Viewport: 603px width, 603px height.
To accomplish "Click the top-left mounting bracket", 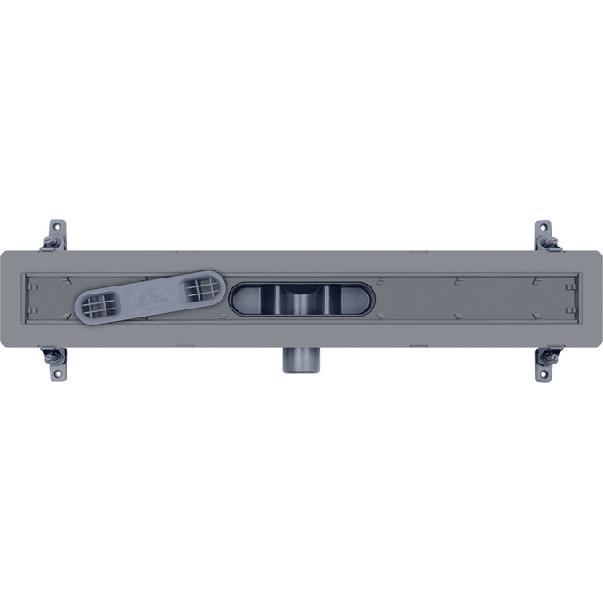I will pyautogui.click(x=56, y=235).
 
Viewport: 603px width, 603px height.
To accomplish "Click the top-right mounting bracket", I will pyautogui.click(x=545, y=235).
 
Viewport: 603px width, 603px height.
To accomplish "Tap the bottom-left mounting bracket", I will pyautogui.click(x=56, y=364).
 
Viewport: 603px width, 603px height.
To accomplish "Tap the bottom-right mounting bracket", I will pyautogui.click(x=545, y=364).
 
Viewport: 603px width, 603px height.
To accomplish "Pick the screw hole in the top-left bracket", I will pyautogui.click(x=57, y=227).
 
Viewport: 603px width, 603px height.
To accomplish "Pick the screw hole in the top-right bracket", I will pyautogui.click(x=544, y=227).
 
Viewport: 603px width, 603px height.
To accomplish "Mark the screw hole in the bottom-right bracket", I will pyautogui.click(x=544, y=373).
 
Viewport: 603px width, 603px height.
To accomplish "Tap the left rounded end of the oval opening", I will pyautogui.click(x=241, y=299).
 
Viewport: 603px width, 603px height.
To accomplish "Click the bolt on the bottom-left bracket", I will pyautogui.click(x=52, y=356).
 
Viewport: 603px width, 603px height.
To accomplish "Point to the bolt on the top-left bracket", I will pyautogui.click(x=52, y=242).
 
